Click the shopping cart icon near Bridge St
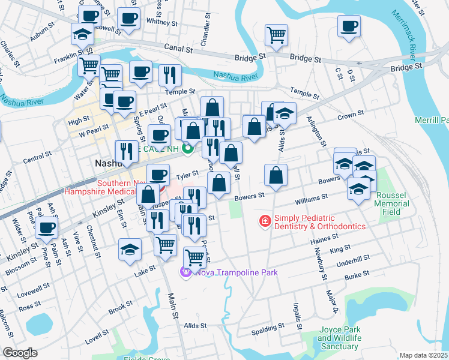[276, 34]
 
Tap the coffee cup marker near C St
[349, 26]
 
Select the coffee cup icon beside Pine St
[46, 227]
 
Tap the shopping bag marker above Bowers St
[276, 175]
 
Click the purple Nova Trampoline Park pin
[185, 272]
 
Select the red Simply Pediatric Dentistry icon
[264, 222]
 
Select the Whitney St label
[159, 22]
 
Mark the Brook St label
[120, 307]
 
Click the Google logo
[20, 353]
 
